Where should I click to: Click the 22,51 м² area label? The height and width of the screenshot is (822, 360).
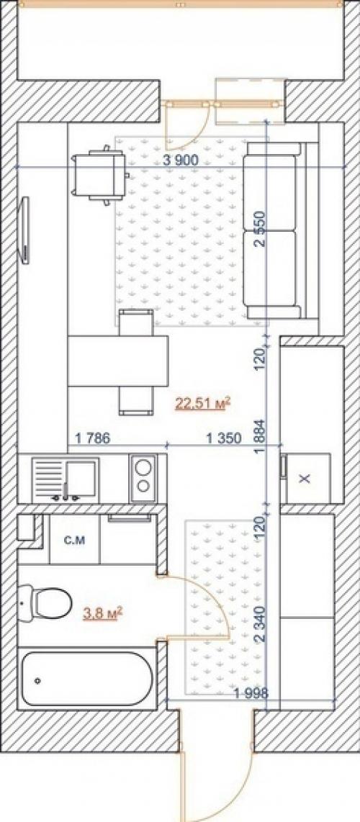click(203, 404)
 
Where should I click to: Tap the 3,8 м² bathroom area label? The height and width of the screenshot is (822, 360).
click(103, 612)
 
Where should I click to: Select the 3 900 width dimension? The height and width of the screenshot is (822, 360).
click(181, 161)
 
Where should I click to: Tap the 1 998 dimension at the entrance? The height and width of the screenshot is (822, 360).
click(251, 693)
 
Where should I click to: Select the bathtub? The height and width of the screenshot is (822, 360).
click(87, 679)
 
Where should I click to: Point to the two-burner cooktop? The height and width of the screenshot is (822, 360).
click(143, 477)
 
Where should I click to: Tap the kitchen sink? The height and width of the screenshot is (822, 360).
click(66, 477)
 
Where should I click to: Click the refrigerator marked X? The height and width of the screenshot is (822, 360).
click(307, 478)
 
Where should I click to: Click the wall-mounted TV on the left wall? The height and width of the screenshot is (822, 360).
click(24, 229)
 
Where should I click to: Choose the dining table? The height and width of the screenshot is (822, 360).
click(118, 362)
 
